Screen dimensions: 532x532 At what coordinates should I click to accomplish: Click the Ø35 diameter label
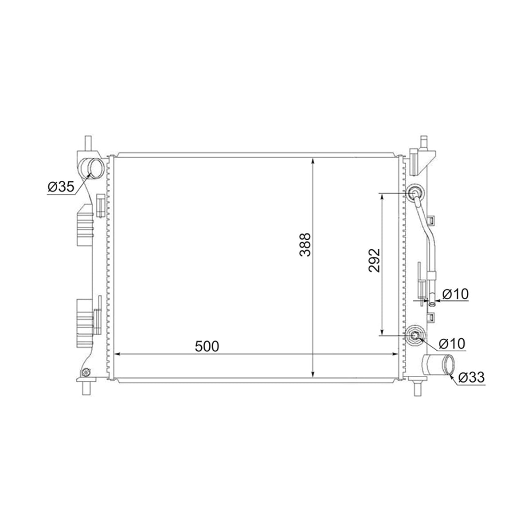61,187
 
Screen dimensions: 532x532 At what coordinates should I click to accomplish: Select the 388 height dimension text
305,245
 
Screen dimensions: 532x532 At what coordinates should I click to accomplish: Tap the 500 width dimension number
207,346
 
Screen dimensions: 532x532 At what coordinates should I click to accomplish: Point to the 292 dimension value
374,261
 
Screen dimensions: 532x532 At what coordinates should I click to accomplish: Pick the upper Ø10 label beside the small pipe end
456,294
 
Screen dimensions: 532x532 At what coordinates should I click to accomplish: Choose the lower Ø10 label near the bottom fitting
452,344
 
